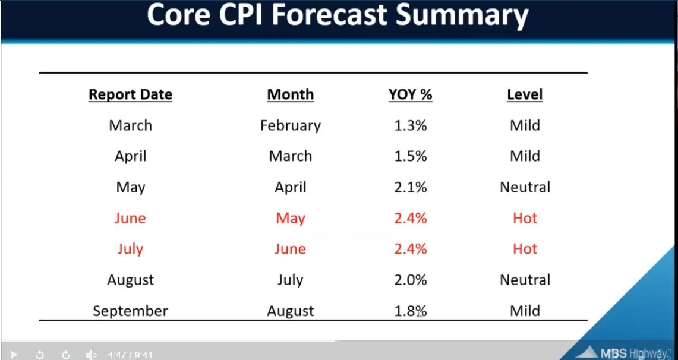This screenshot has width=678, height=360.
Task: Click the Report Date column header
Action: coord(130,94)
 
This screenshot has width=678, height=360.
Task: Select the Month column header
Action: coord(290,94)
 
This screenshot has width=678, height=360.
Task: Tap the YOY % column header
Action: coord(410,94)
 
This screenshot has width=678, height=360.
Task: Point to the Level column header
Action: coord(525,94)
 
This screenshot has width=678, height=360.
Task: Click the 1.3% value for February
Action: coord(410,125)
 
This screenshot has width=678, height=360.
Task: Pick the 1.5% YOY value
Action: coord(410,156)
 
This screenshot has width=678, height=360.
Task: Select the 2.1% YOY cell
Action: coord(410,187)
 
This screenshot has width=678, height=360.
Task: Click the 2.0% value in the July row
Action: coord(410,280)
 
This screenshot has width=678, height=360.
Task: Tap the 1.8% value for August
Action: coord(410,311)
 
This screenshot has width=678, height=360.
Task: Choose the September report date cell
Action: coord(130,311)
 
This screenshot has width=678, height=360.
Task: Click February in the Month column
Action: coord(290,125)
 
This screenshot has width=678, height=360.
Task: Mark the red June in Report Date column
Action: coord(130,218)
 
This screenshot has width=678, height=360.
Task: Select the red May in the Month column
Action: coord(290,218)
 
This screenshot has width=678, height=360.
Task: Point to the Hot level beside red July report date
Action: coord(525,249)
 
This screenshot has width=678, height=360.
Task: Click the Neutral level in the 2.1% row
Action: coord(525,187)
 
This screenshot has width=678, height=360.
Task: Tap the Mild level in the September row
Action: coord(525,311)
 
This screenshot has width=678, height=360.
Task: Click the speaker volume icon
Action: coord(90,355)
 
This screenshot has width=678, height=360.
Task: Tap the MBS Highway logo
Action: coord(622,352)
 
